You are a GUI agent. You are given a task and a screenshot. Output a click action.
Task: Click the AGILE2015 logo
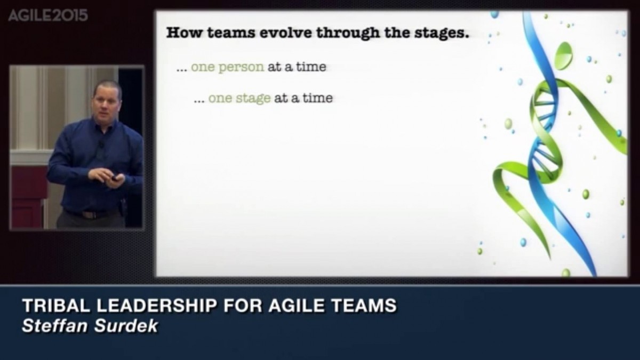click(47, 15)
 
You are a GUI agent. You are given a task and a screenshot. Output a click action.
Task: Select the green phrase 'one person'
click(227, 67)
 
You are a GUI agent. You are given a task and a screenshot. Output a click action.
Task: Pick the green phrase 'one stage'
click(239, 99)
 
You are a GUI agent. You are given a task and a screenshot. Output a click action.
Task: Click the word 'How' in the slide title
click(184, 33)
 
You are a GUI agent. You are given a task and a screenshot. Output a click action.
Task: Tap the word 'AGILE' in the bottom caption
click(297, 305)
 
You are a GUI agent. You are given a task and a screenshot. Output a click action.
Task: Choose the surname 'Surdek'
click(126, 326)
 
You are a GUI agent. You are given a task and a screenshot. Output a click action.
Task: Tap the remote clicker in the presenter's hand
click(115, 178)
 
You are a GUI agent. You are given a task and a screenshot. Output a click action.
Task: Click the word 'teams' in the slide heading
click(231, 33)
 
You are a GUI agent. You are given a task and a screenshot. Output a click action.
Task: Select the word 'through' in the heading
click(348, 34)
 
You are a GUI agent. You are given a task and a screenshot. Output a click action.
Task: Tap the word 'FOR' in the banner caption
click(243, 305)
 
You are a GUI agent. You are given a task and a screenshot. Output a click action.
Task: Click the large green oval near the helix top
click(564, 56)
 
